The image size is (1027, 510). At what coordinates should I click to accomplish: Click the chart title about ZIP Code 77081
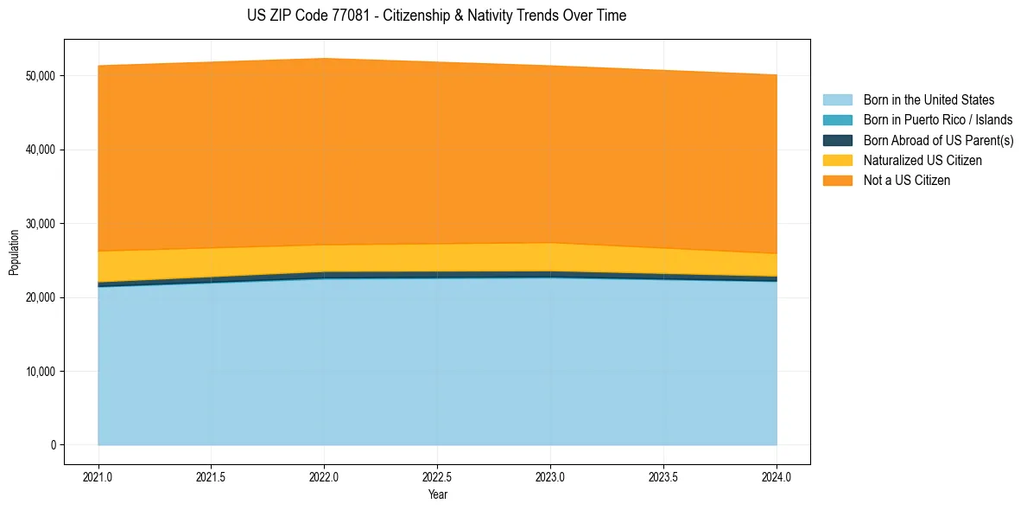click(x=436, y=16)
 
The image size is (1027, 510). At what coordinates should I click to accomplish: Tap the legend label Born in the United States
click(x=929, y=100)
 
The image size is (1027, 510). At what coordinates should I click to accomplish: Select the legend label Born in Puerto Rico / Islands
click(x=938, y=120)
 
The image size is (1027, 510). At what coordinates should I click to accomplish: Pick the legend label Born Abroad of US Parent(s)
click(x=938, y=140)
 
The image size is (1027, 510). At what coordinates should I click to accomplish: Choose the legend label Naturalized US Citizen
click(x=922, y=161)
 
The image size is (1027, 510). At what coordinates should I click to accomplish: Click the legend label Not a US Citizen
click(x=907, y=181)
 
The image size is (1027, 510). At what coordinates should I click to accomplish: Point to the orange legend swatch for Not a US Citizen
click(x=837, y=181)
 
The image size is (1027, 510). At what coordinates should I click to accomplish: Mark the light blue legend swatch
click(x=837, y=100)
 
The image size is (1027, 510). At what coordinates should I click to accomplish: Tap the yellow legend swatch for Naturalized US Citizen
click(x=837, y=161)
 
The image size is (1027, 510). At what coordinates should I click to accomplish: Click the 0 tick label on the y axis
click(x=53, y=445)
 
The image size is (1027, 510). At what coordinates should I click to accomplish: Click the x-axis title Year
click(x=437, y=495)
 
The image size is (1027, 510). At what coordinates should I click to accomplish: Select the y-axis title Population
click(x=14, y=252)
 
